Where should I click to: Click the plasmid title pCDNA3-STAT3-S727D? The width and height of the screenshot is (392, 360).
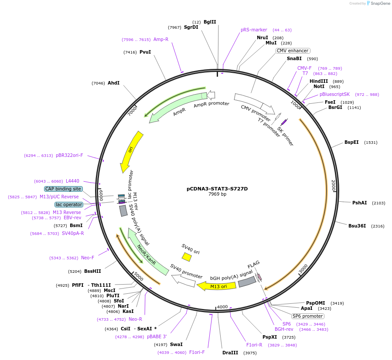coord(217,189)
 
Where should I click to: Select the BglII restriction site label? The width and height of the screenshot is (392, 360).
coord(210,22)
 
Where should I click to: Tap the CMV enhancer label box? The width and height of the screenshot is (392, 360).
coord(293,51)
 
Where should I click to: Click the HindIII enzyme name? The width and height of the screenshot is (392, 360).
coord(319,81)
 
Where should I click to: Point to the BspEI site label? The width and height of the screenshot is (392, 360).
coord(351,142)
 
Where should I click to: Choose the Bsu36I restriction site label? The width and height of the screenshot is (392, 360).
coord(357,226)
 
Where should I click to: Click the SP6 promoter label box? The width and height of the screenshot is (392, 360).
coord(308,316)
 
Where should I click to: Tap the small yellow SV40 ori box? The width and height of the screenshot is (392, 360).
coord(187,257)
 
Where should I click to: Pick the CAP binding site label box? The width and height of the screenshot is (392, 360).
coord(63,189)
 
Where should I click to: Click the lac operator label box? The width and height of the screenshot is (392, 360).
coord(69,204)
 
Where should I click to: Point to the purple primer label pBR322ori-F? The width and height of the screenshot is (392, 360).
coord(69,155)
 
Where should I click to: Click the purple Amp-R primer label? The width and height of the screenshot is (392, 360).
coord(160,39)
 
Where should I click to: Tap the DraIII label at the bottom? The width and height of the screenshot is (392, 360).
coord(231,353)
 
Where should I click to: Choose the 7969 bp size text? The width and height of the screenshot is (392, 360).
coord(217,194)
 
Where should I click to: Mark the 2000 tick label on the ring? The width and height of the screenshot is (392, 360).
coord(333,185)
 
